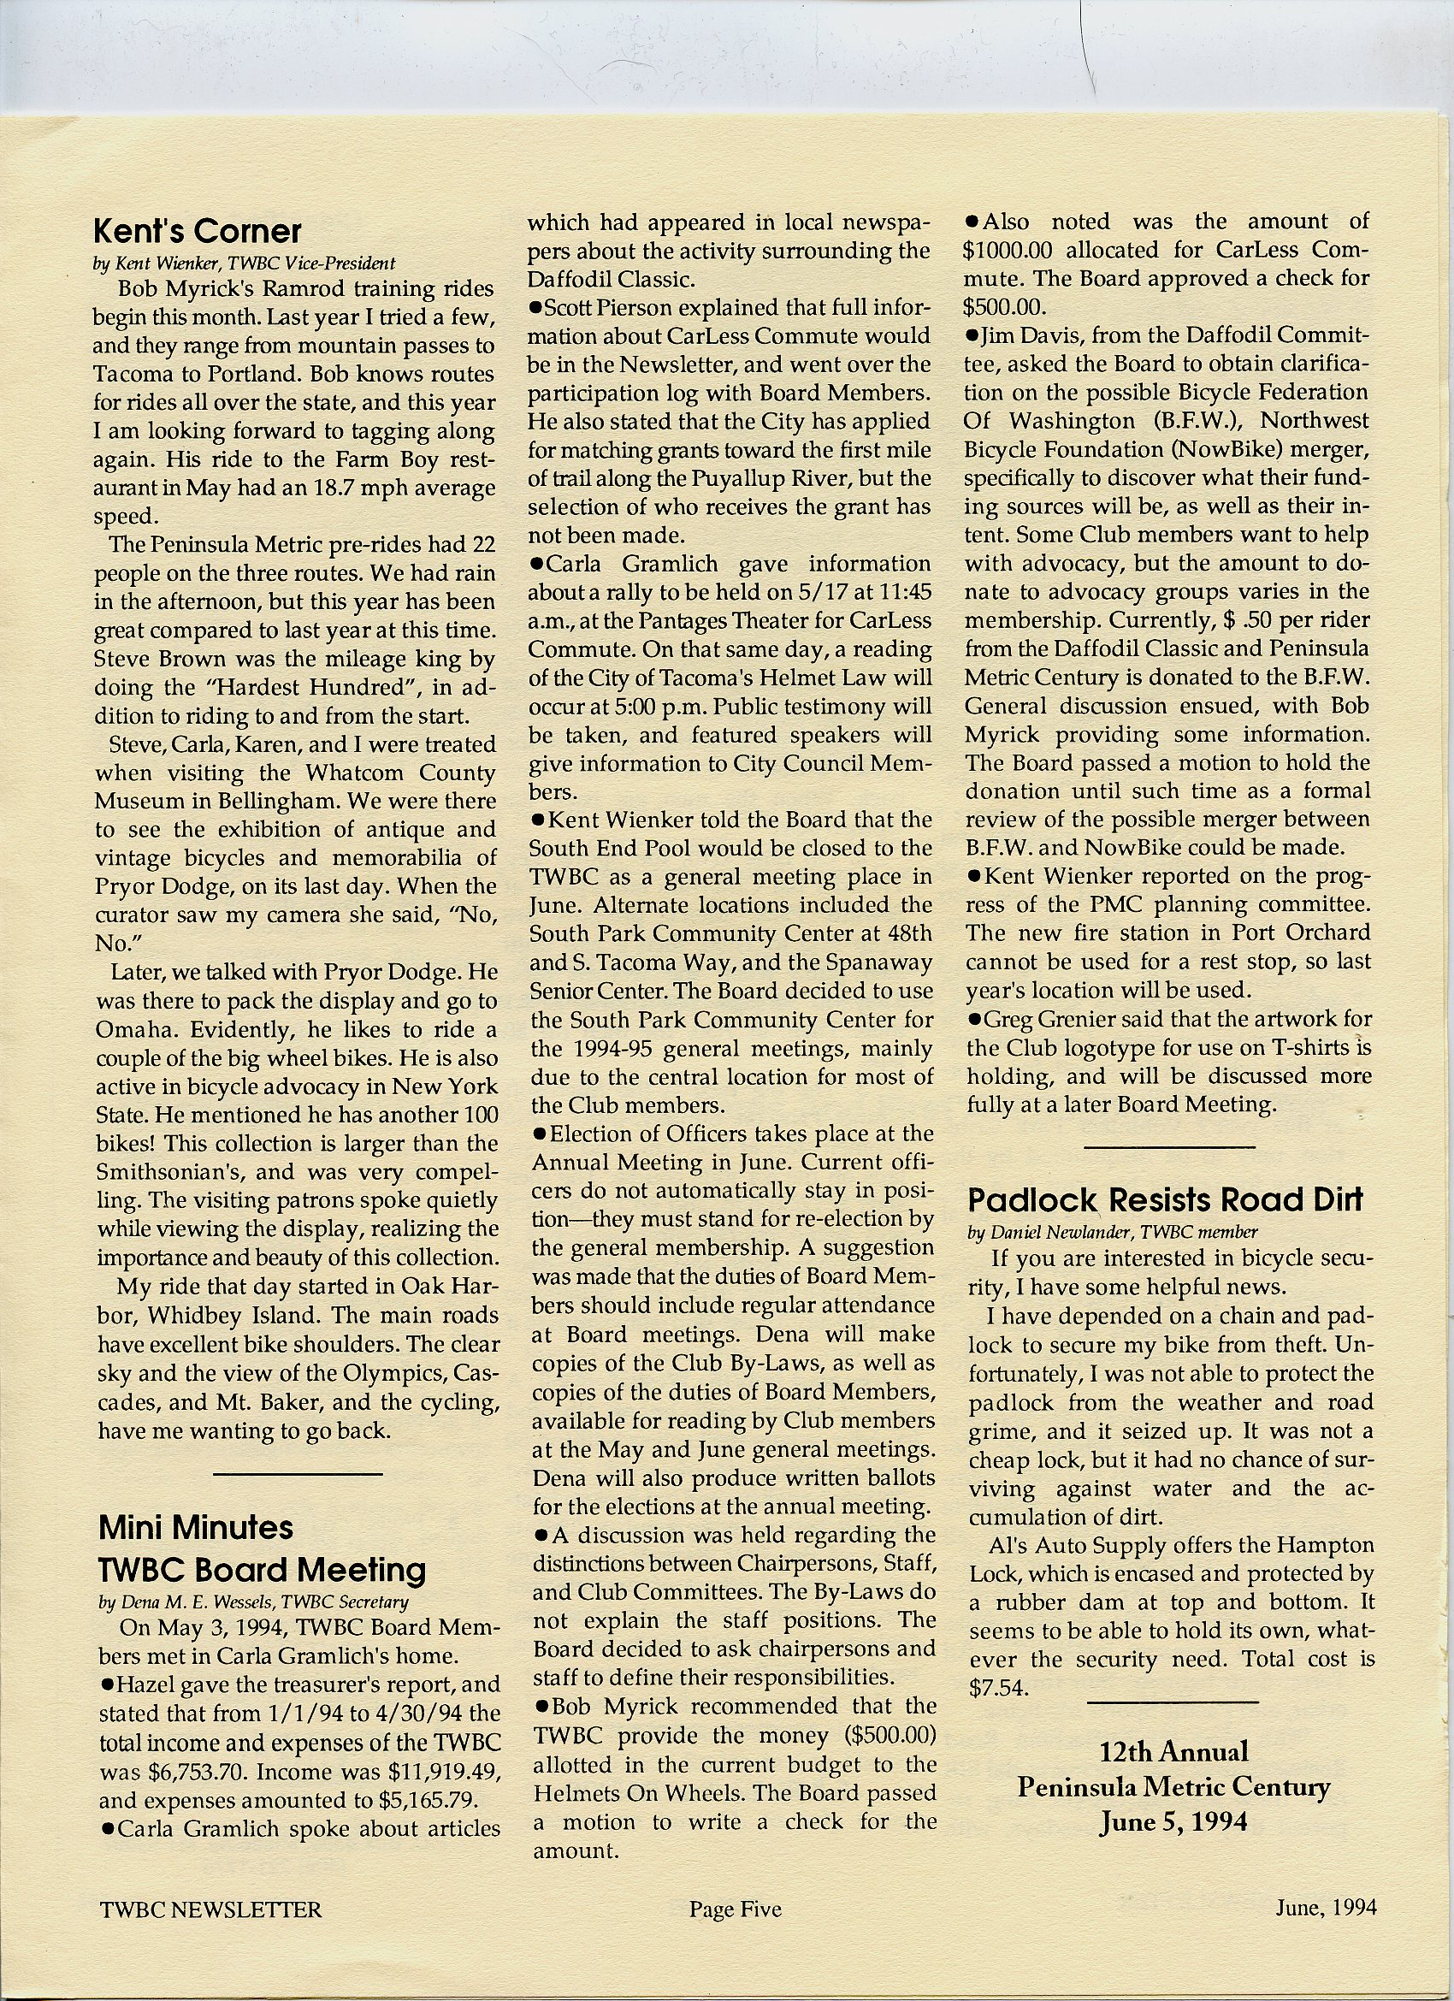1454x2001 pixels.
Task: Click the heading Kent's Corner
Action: click(197, 232)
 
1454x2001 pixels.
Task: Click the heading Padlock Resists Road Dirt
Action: click(1165, 1200)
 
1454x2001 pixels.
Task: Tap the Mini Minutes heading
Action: click(196, 1527)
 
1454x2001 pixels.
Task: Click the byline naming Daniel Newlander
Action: click(1112, 1232)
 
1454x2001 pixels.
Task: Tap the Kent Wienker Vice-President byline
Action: click(245, 263)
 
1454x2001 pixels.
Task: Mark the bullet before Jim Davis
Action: click(972, 336)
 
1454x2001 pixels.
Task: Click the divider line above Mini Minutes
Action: click(298, 1473)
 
